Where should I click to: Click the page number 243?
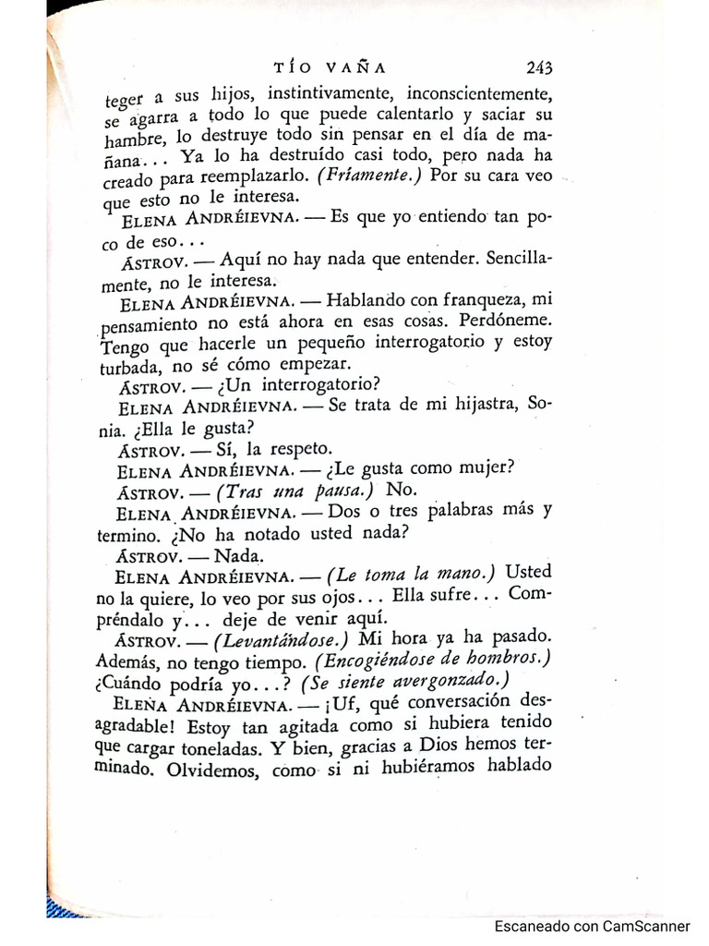539,67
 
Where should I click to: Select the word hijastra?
470,406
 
